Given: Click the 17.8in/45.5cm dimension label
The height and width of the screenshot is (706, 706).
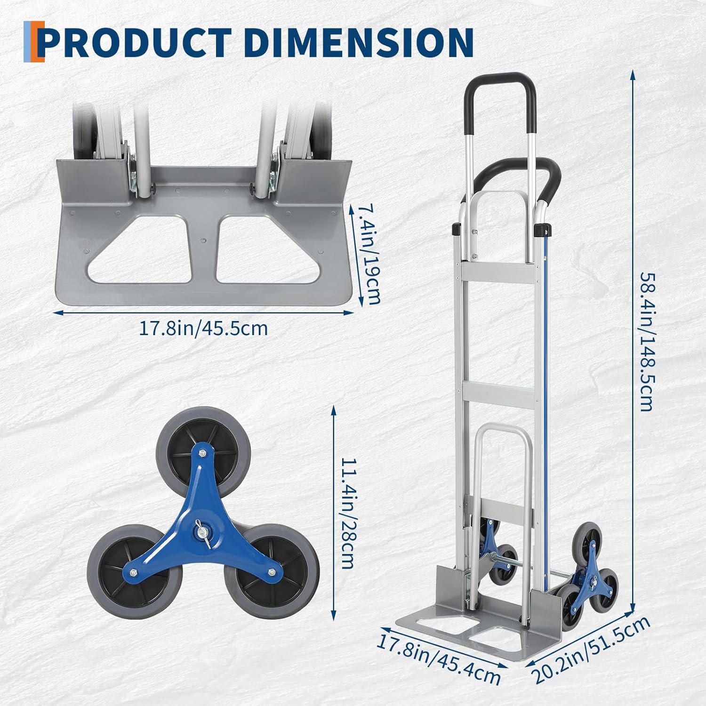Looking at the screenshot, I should coord(203,328).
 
